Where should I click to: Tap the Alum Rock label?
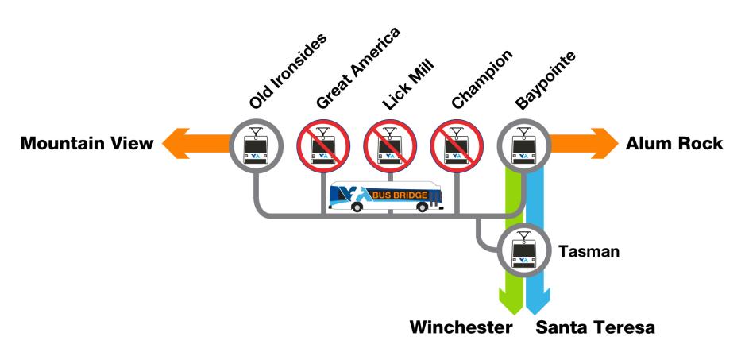coord(674,144)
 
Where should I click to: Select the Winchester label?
coord(461,327)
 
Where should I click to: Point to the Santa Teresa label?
coord(595,327)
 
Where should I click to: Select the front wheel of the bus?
coord(357,207)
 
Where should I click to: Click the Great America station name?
coord(357,68)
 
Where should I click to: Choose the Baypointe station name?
coord(545,82)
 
